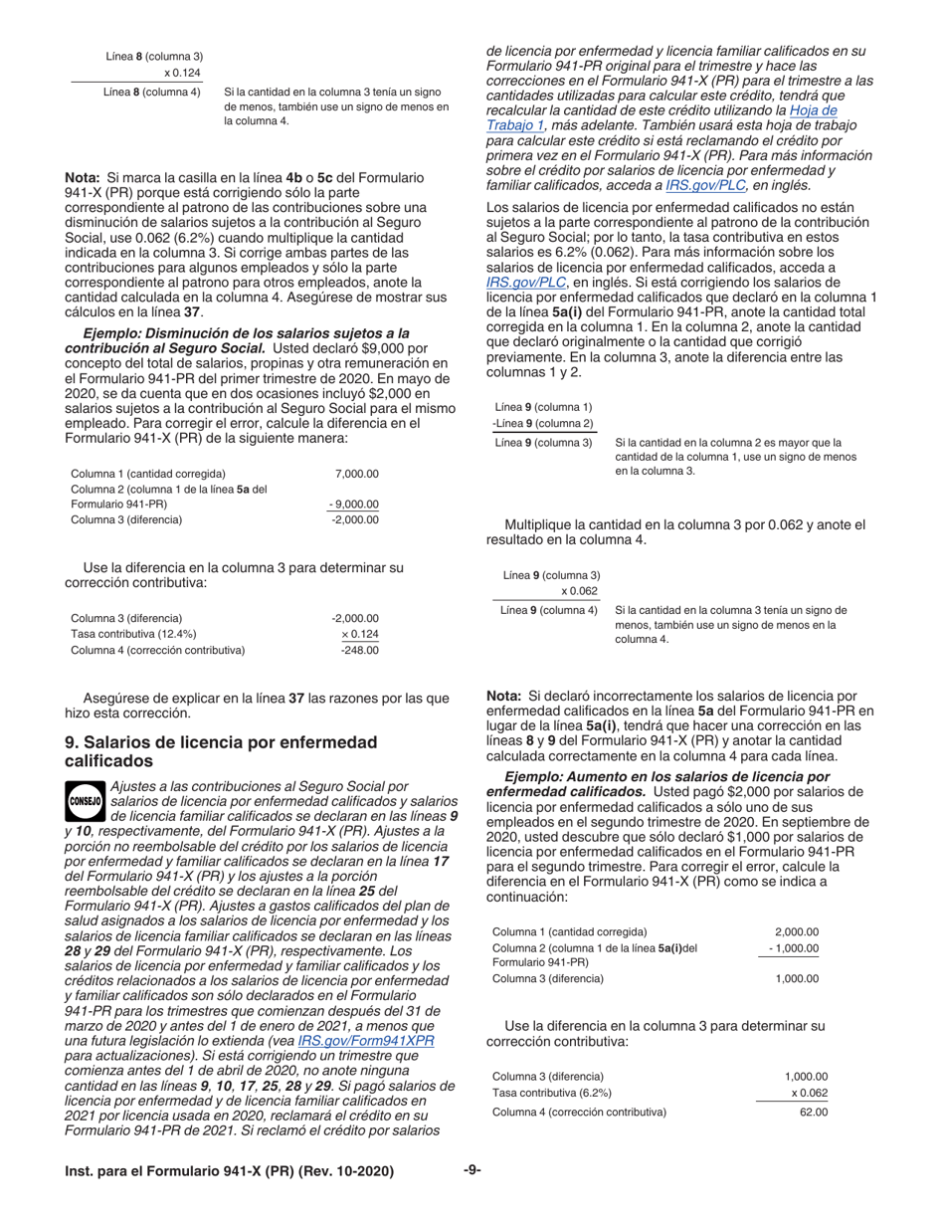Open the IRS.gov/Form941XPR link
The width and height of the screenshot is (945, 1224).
(365, 1041)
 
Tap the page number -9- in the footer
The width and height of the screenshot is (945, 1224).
(472, 1170)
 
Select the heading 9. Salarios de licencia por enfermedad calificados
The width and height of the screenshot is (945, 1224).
(220, 751)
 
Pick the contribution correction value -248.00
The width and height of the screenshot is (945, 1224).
(360, 650)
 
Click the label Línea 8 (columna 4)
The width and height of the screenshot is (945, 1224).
(151, 93)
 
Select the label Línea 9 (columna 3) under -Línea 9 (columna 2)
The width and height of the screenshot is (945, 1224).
(543, 442)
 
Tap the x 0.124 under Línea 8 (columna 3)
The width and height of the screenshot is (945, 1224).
(181, 73)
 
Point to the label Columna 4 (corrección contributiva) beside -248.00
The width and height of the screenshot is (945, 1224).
(157, 650)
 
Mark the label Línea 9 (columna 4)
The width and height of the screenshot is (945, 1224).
(549, 609)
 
